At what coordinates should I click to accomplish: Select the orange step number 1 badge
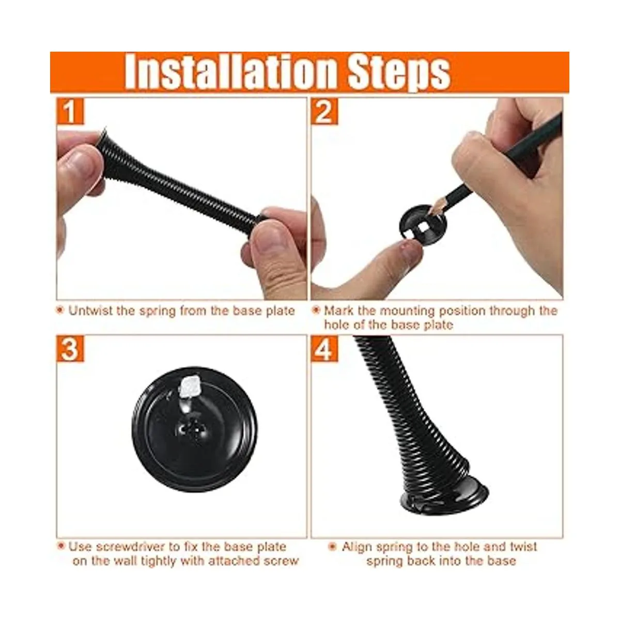(70, 111)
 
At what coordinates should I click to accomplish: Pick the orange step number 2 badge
(324, 111)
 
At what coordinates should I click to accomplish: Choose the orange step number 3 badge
(70, 349)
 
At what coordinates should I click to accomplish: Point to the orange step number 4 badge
(324, 349)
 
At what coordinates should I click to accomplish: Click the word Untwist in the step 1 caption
(90, 311)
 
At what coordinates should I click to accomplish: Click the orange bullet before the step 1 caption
(60, 310)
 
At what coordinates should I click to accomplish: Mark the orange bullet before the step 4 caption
(333, 546)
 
